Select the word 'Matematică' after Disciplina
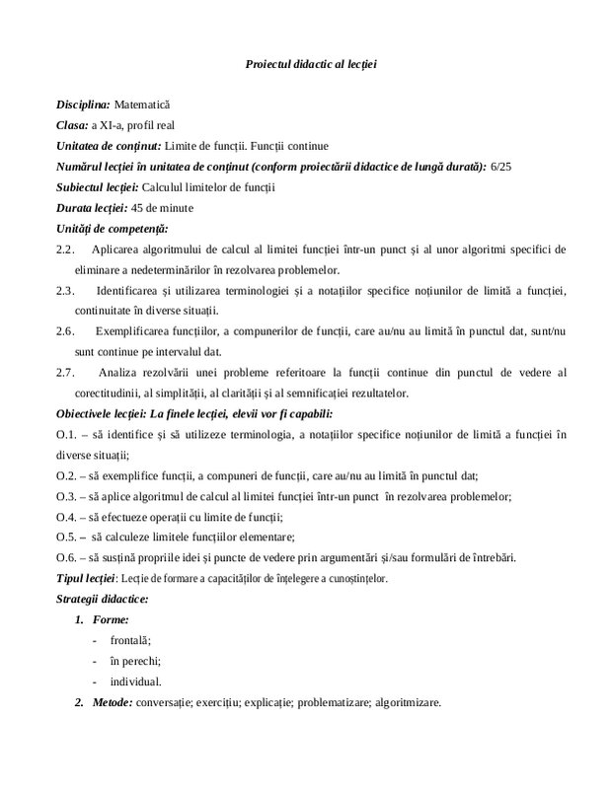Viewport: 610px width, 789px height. coord(143,104)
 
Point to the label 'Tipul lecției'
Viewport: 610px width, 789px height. coord(87,578)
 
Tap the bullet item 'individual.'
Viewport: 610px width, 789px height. coord(136,681)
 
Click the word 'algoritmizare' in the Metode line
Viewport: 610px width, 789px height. coord(405,702)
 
